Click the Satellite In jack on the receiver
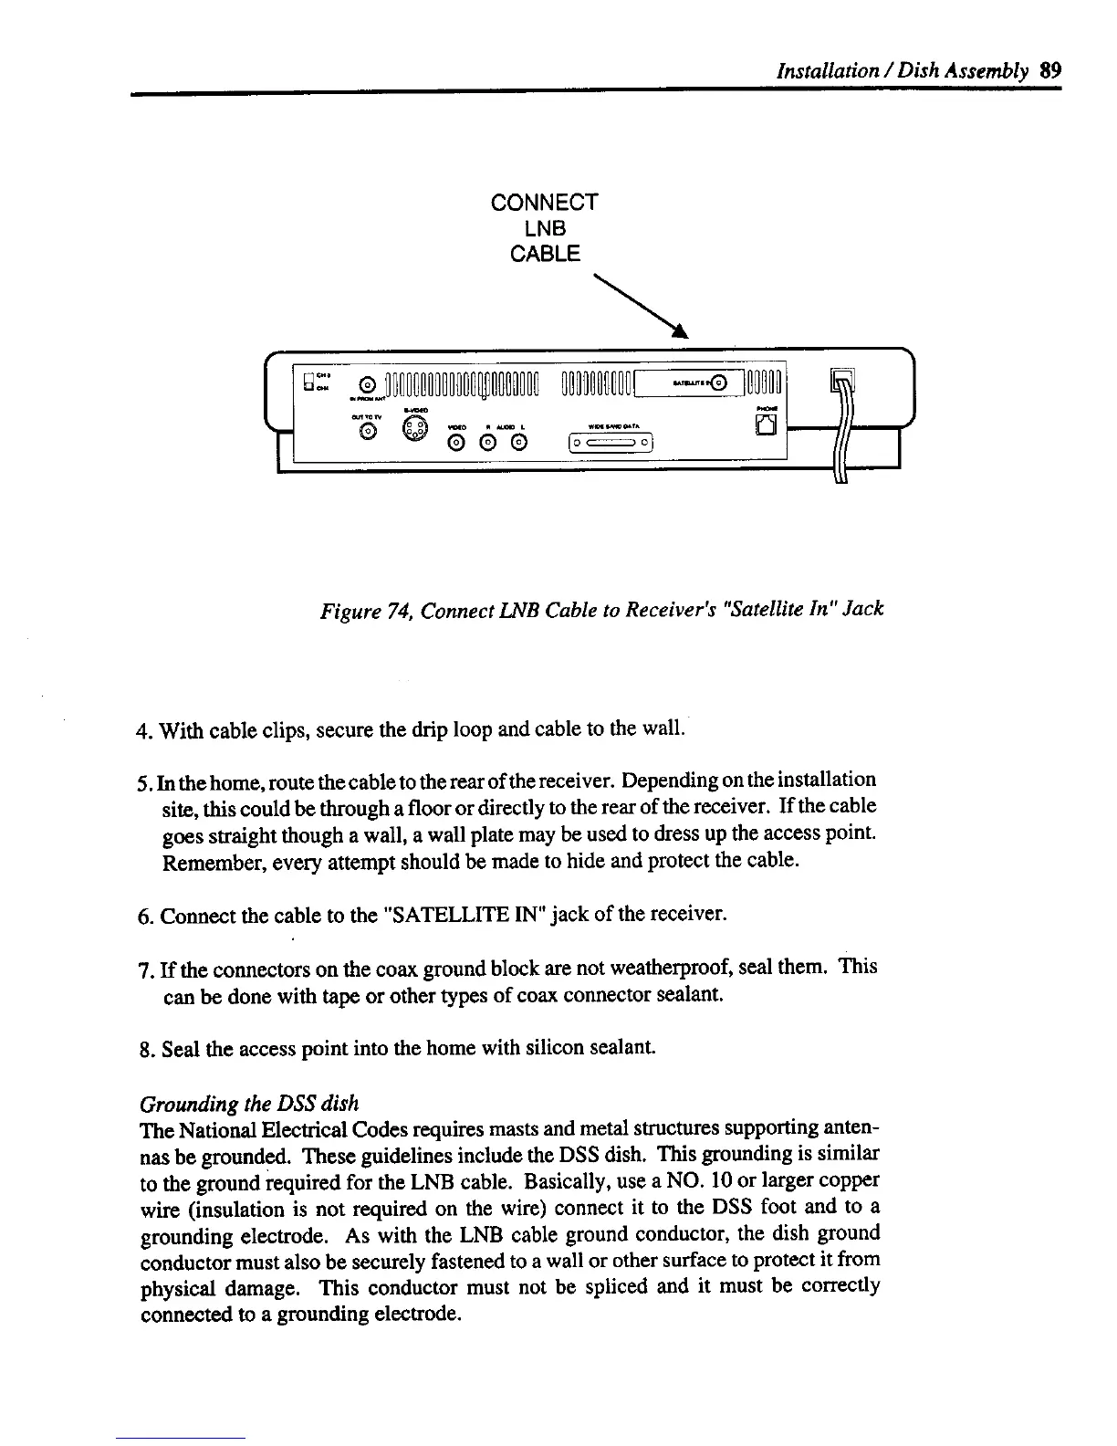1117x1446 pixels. click(x=721, y=383)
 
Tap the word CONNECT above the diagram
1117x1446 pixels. click(x=544, y=202)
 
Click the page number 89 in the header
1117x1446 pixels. click(x=1049, y=70)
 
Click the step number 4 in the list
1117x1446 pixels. click(x=141, y=731)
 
